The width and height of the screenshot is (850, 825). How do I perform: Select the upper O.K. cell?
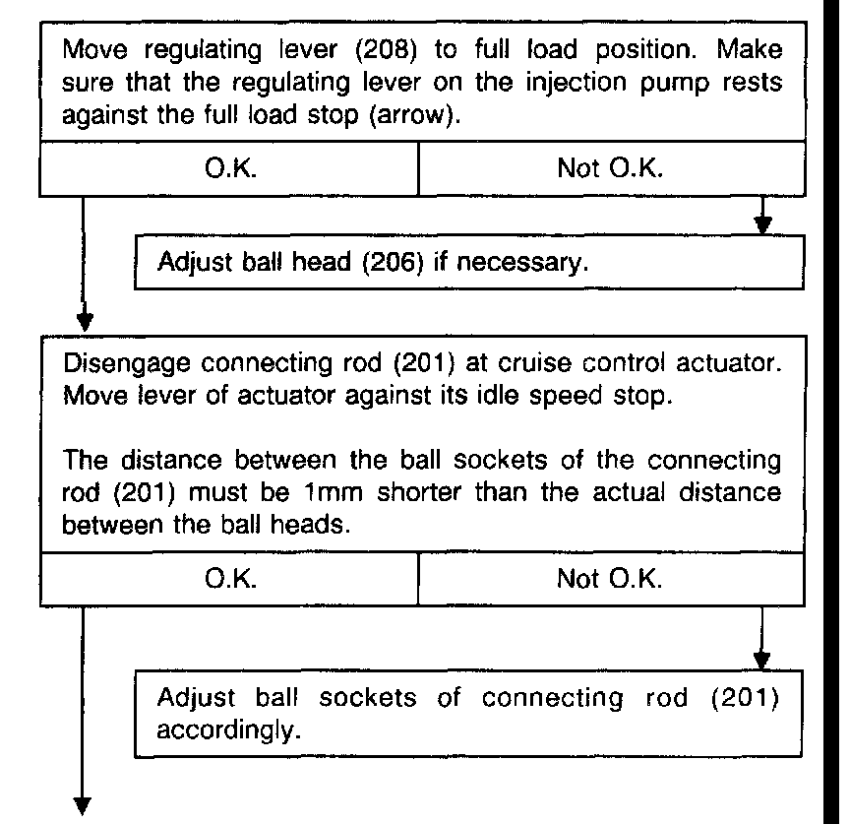(x=231, y=169)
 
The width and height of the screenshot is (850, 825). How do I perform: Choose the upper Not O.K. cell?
(x=610, y=169)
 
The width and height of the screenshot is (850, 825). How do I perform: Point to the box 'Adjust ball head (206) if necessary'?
(x=466, y=263)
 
